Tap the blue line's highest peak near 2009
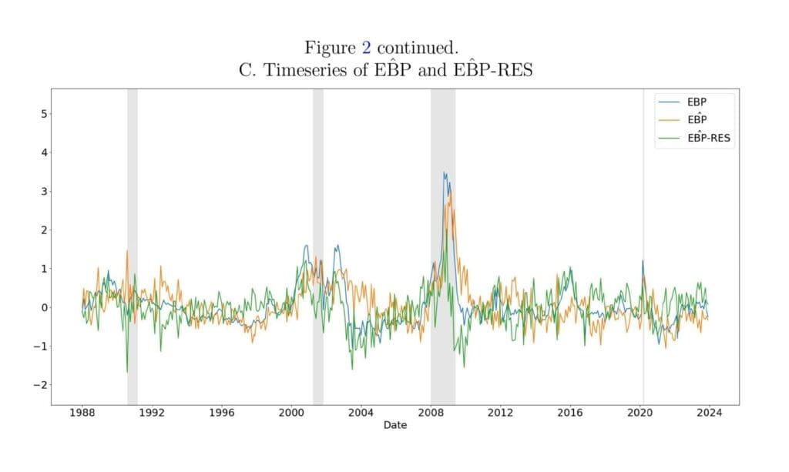(x=444, y=172)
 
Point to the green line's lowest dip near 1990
(x=127, y=373)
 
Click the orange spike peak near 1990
(x=127, y=250)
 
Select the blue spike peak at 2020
(x=643, y=260)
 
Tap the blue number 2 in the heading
(x=367, y=48)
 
